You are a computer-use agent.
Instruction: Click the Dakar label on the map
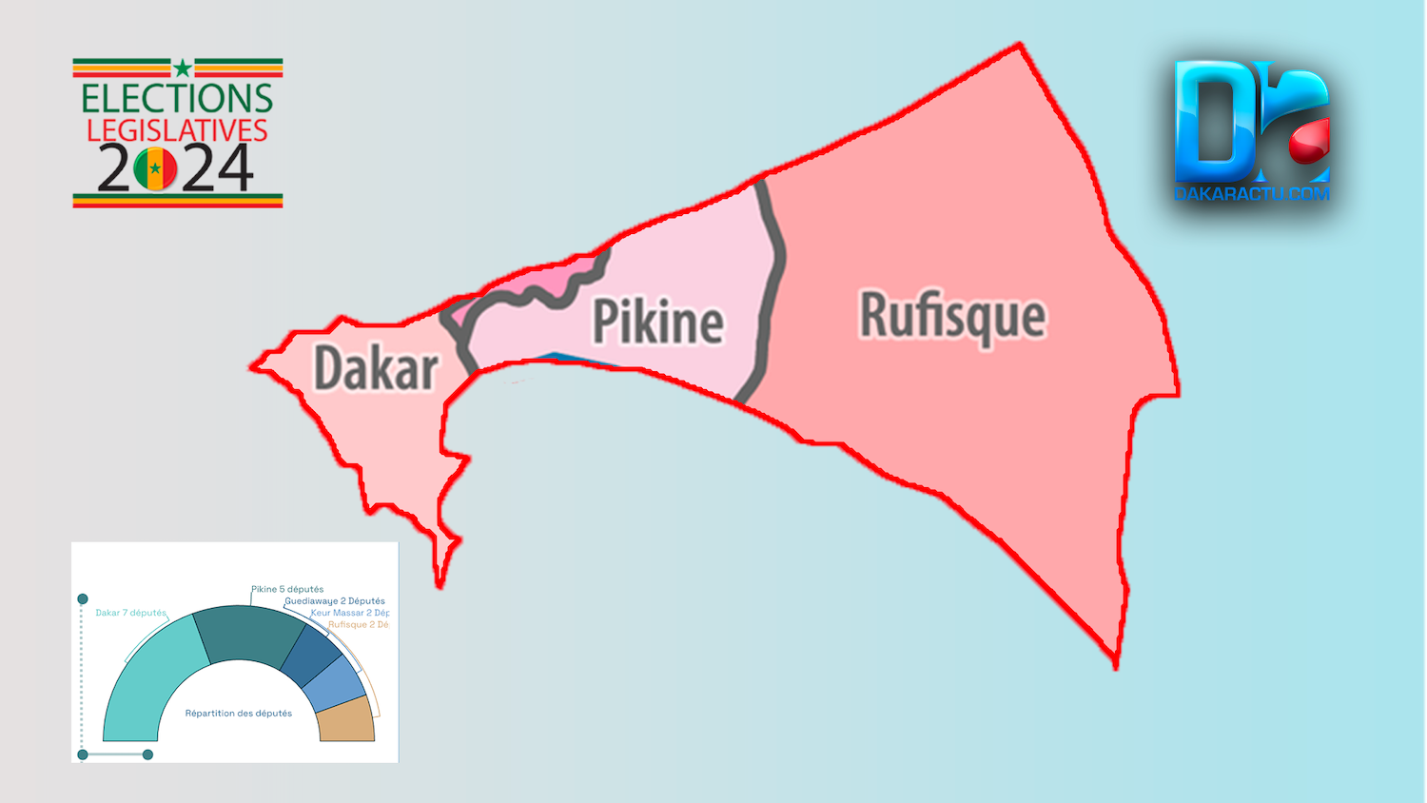click(376, 368)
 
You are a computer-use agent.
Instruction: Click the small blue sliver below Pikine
click(561, 359)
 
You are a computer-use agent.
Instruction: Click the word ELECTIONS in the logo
click(177, 99)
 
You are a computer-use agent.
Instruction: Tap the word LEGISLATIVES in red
click(177, 130)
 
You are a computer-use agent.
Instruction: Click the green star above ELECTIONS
click(182, 68)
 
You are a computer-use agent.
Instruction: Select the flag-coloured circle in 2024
click(155, 169)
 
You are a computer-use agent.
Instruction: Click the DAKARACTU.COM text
click(1251, 194)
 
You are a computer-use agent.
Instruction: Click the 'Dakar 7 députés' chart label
click(130, 613)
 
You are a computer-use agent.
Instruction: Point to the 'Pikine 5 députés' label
click(287, 589)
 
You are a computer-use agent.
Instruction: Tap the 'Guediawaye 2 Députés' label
click(335, 601)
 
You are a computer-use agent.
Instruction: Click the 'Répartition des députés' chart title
click(238, 714)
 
